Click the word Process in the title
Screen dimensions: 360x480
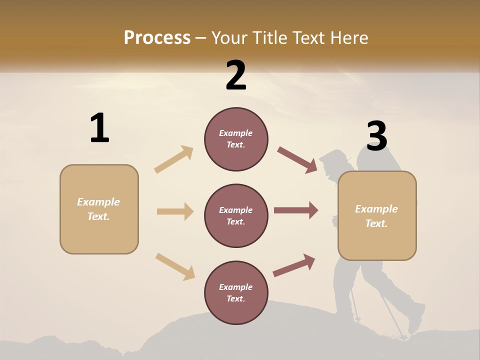pos(157,38)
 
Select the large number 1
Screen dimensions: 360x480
pos(99,128)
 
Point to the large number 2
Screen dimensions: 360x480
pos(236,75)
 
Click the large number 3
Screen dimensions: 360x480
pos(376,136)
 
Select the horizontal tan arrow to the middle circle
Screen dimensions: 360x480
pos(175,211)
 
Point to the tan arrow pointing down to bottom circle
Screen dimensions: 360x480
pos(175,266)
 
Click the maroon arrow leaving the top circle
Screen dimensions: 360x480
pos(297,160)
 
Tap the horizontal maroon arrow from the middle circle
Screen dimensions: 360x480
pos(296,210)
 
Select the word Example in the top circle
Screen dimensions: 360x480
pos(236,133)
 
